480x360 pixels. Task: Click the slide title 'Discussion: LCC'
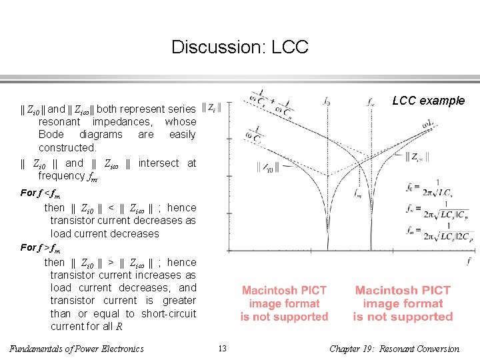pos(239,47)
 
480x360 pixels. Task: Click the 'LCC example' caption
pos(428,101)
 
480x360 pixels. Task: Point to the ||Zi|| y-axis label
pos(216,107)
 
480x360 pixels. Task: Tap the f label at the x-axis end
pos(469,261)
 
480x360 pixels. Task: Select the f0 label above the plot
pos(326,102)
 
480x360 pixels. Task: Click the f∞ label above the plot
pos(371,102)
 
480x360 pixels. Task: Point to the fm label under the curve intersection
pos(358,193)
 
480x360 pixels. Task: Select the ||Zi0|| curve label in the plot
pos(265,169)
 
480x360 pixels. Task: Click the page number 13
pos(223,348)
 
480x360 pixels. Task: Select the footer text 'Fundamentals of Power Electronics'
pos(77,348)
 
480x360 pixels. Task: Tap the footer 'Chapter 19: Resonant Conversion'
pos(395,348)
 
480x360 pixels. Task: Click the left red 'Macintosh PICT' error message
pos(284,303)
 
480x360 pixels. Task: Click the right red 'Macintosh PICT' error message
pos(403,303)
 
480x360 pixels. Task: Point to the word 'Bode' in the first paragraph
pos(52,135)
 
